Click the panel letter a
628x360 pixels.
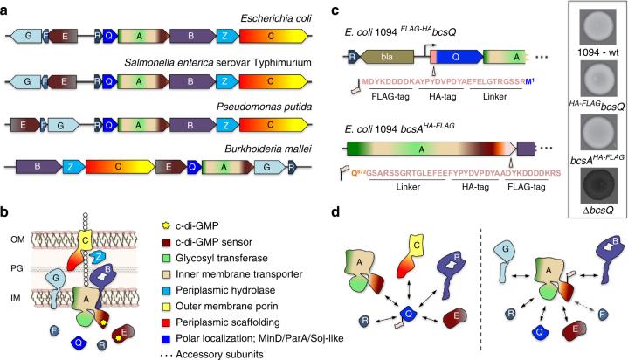[x=6, y=7]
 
